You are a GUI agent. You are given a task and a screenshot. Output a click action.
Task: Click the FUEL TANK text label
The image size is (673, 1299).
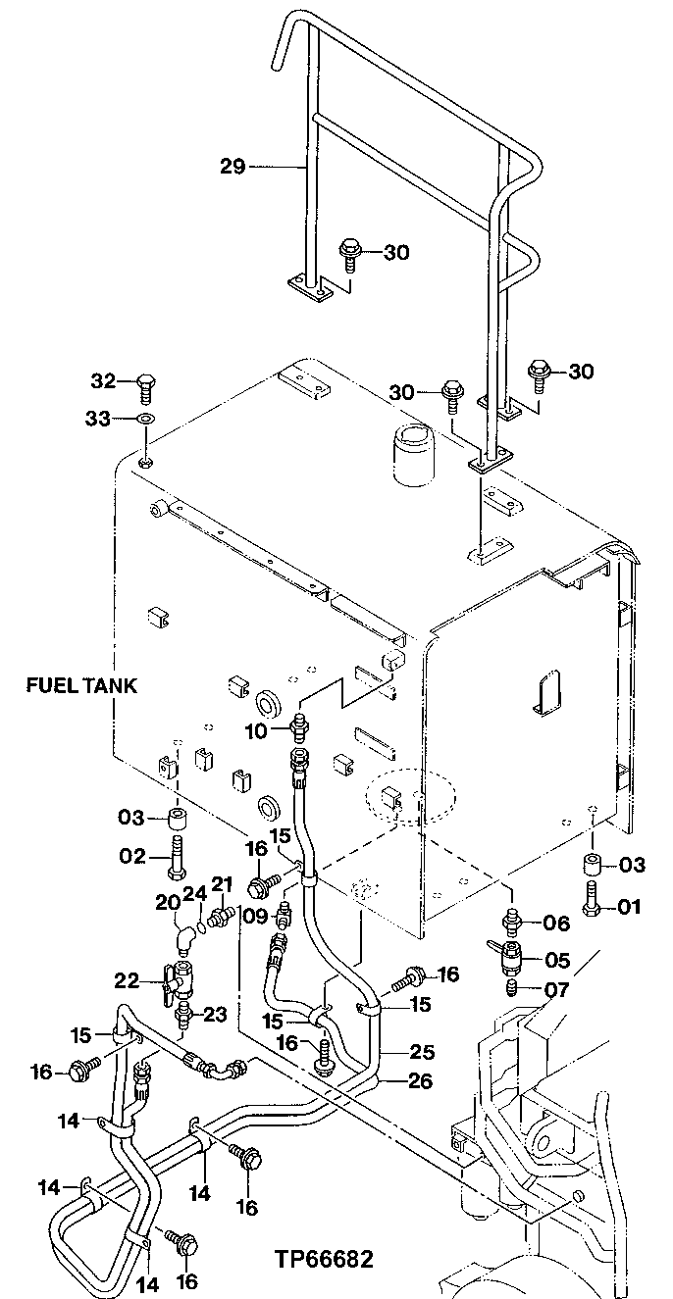click(81, 686)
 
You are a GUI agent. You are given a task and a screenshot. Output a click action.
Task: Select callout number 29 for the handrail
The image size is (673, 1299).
click(232, 166)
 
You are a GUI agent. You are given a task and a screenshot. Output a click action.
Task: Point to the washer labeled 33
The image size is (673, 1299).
click(144, 420)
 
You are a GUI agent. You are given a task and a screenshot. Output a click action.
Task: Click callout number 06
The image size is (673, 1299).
click(556, 922)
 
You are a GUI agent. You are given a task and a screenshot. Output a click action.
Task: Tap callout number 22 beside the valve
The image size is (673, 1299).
click(129, 980)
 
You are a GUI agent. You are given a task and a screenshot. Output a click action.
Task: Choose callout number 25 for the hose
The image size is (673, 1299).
click(422, 1052)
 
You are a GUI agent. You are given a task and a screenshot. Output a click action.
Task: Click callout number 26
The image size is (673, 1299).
click(422, 1081)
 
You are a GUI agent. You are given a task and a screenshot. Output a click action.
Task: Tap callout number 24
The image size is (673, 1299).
click(194, 893)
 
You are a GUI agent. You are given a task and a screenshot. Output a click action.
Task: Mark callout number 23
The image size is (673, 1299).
click(216, 1015)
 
